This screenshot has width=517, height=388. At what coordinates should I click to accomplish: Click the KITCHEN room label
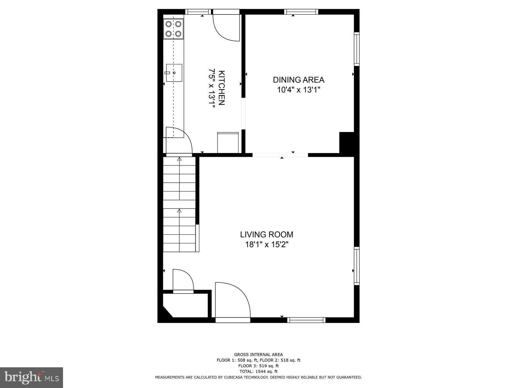tap(222, 88)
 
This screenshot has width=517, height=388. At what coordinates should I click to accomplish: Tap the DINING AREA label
tap(298, 80)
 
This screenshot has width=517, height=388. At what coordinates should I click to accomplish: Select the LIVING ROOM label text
tap(267, 234)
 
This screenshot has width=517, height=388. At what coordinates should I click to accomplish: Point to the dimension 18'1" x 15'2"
tap(267, 244)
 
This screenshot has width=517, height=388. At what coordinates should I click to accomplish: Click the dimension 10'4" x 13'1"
tap(298, 90)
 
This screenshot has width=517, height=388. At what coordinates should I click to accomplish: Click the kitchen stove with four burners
tap(173, 29)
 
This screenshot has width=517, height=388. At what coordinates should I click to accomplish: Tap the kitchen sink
tap(174, 73)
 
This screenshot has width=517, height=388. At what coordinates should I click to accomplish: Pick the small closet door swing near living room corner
tap(183, 280)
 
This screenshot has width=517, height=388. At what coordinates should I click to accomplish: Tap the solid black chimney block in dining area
tap(347, 142)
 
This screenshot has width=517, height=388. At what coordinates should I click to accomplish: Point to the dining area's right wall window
tap(357, 49)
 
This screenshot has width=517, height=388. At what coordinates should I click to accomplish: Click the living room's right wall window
tap(357, 266)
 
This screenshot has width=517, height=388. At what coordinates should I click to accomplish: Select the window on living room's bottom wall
tap(306, 320)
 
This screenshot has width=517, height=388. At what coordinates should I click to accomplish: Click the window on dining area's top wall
tap(301, 12)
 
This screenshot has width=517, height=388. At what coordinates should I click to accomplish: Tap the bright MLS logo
tap(31, 377)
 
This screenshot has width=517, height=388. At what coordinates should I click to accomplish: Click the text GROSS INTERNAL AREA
tap(258, 355)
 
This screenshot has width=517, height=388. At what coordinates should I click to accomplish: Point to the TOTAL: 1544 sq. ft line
tap(258, 372)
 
